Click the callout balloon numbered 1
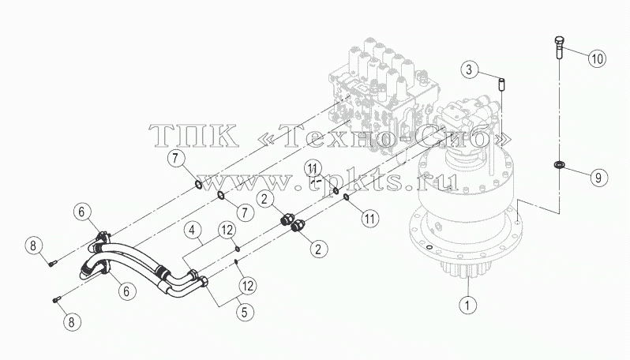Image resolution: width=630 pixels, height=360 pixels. coord(467,305)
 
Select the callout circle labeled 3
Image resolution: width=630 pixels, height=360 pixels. coord(469,70)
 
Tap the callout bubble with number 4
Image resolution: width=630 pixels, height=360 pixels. coord(193,231)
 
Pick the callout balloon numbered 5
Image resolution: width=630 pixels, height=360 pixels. coord(245,312)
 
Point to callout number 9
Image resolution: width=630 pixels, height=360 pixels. coord(598,177)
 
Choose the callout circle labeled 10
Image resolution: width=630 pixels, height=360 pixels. coord(598,58)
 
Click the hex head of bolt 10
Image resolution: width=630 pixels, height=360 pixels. coord(558,40)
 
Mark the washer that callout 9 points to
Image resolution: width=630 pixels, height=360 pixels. coord(557,164)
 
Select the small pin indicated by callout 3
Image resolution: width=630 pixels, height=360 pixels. coord(502,84)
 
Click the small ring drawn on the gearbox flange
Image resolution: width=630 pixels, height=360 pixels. coord(430,246)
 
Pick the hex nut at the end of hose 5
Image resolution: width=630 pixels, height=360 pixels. coord(204,281)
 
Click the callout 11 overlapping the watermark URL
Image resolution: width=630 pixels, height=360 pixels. coord(313,168)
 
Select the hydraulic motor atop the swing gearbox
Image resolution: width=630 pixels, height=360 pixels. coord(466,121)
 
